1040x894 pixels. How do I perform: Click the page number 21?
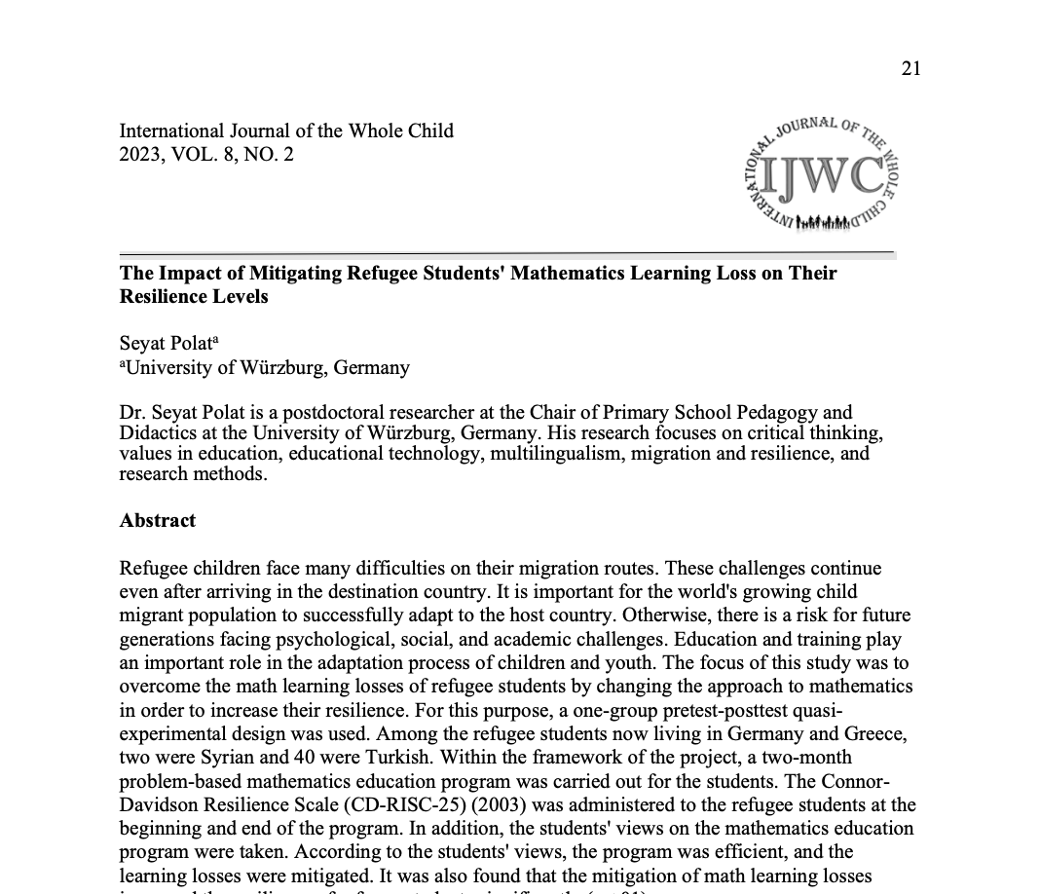click(x=910, y=67)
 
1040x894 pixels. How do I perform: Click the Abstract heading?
click(x=158, y=520)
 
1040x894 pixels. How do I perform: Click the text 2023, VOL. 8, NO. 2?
click(x=205, y=154)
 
